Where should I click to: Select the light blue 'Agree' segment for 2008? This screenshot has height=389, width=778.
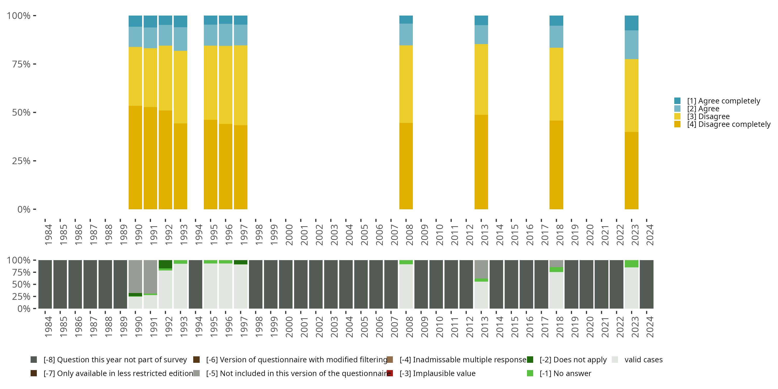pyautogui.click(x=406, y=34)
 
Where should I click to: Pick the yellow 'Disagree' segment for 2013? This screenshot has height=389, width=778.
pyautogui.click(x=481, y=79)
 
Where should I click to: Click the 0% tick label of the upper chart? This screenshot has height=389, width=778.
pyautogui.click(x=24, y=209)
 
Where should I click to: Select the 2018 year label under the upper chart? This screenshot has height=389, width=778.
pyautogui.click(x=560, y=235)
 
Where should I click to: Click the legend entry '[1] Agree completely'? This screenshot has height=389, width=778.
pyautogui.click(x=723, y=101)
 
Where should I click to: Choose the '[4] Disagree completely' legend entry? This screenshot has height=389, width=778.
pyautogui.click(x=728, y=124)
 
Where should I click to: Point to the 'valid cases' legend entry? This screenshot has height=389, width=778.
pyautogui.click(x=643, y=360)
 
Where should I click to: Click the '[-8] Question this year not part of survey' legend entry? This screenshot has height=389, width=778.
pyautogui.click(x=115, y=360)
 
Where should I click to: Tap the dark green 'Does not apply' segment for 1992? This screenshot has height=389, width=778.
pyautogui.click(x=165, y=264)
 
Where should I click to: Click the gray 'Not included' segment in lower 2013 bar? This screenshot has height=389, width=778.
pyautogui.click(x=481, y=269)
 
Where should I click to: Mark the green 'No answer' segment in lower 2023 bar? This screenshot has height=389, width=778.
pyautogui.click(x=631, y=264)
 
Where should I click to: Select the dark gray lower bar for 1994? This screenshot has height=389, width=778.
pyautogui.click(x=195, y=284)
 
